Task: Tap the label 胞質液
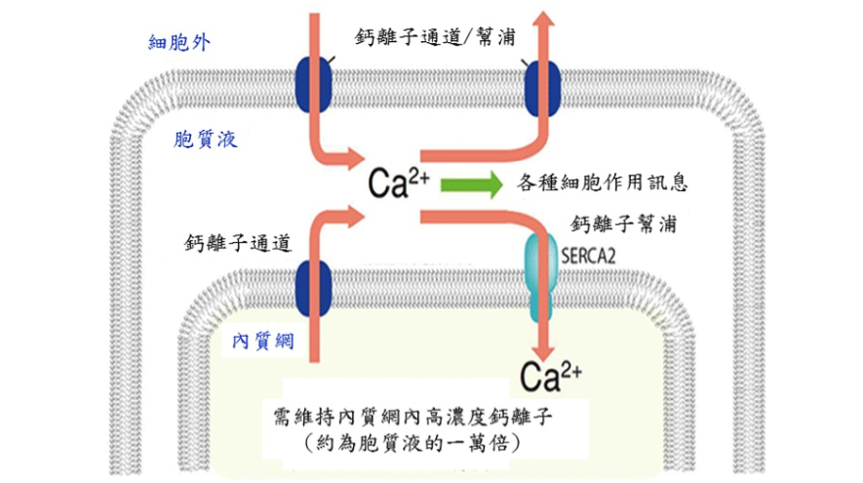(x=205, y=140)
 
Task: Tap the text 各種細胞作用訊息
(x=609, y=182)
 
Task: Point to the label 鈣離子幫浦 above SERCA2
(x=624, y=223)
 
